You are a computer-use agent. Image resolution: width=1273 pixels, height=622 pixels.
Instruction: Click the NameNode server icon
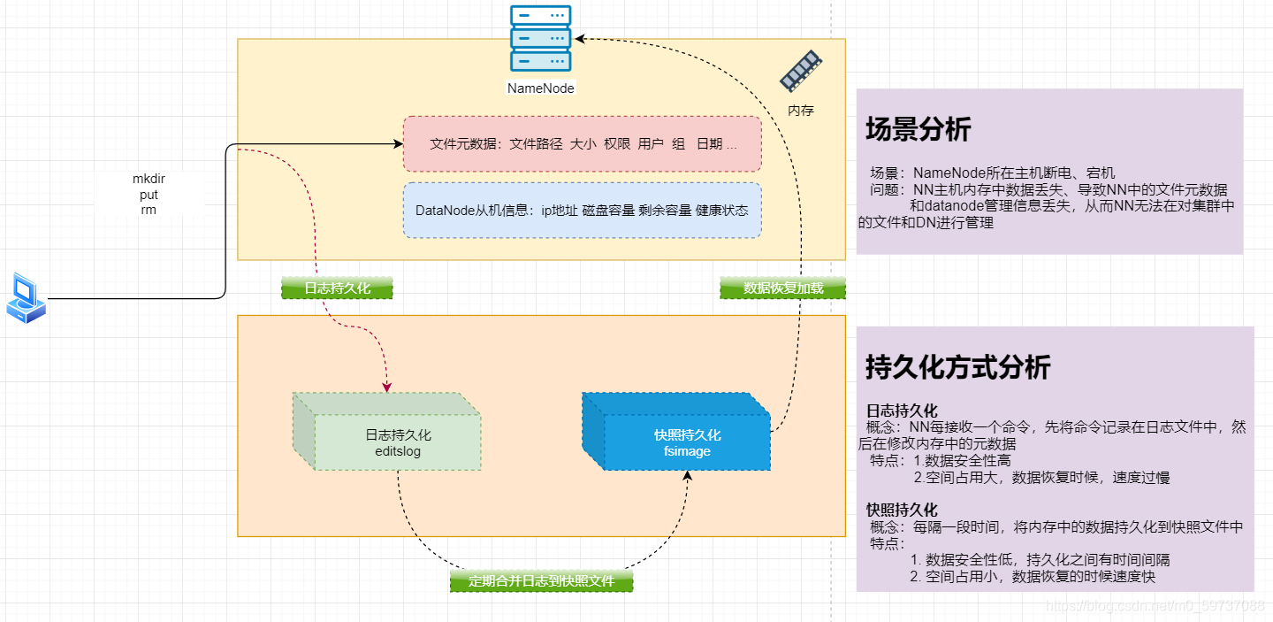pyautogui.click(x=540, y=39)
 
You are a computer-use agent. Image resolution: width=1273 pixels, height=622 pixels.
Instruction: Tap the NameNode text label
pyautogui.click(x=540, y=88)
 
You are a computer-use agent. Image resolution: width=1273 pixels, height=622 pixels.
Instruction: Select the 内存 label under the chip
pyautogui.click(x=800, y=111)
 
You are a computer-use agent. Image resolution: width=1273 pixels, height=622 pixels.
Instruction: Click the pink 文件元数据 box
pyautogui.click(x=582, y=143)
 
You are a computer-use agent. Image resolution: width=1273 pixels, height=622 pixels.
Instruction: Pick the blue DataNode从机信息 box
pyautogui.click(x=582, y=211)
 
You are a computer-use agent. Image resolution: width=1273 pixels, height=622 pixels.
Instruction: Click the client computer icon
pyautogui.click(x=25, y=298)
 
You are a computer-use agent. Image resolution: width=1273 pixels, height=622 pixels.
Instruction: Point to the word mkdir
pyautogui.click(x=149, y=179)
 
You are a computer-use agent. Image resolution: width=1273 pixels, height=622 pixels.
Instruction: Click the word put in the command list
pyautogui.click(x=149, y=195)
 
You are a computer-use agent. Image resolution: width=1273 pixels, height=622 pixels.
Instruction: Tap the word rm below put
pyautogui.click(x=149, y=211)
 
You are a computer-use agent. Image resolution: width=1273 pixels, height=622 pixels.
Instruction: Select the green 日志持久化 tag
pyautogui.click(x=337, y=288)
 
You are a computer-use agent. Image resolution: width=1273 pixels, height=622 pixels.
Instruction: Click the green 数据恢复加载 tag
pyautogui.click(x=782, y=288)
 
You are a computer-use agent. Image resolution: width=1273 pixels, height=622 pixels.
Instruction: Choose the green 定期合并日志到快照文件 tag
pyautogui.click(x=541, y=581)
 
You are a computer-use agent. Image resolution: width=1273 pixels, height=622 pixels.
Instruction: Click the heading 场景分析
pyautogui.click(x=918, y=129)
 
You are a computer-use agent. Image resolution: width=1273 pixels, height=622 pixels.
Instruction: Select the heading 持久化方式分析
pyautogui.click(x=957, y=366)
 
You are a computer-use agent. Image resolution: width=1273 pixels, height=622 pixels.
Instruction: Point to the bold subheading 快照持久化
pyautogui.click(x=902, y=510)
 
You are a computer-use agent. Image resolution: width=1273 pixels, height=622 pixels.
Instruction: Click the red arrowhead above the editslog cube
pyautogui.click(x=386, y=387)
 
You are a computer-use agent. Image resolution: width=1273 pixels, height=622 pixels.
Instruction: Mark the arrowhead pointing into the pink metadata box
pyautogui.click(x=397, y=142)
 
